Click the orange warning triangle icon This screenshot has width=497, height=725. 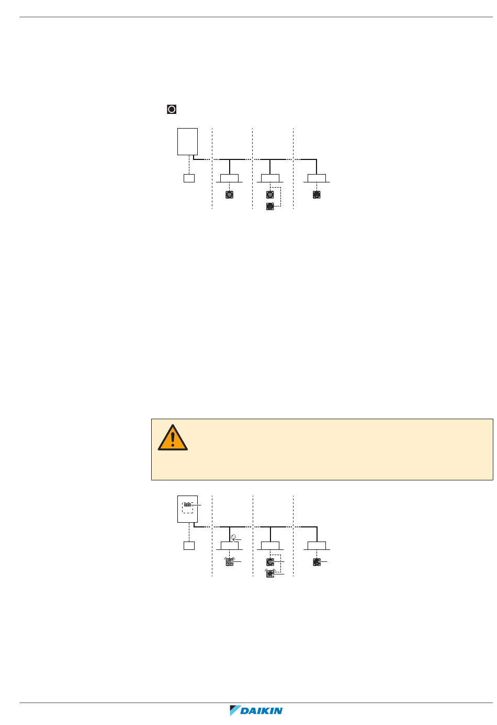(x=173, y=438)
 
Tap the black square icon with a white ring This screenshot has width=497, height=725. (x=172, y=109)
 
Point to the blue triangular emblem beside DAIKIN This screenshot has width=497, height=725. (x=235, y=711)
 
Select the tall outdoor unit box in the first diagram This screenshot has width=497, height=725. (x=188, y=141)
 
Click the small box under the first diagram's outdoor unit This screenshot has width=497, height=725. (x=189, y=178)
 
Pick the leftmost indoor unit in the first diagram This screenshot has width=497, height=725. (x=230, y=178)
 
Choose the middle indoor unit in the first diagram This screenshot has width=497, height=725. (x=270, y=178)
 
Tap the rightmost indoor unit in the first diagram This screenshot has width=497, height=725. (x=317, y=178)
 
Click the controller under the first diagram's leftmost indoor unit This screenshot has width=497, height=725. (x=229, y=194)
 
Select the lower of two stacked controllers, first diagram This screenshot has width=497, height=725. (x=270, y=206)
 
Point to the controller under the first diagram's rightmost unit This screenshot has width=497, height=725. (x=317, y=194)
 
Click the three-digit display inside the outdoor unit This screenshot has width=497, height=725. (x=187, y=505)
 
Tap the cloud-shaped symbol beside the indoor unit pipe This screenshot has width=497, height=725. (x=233, y=537)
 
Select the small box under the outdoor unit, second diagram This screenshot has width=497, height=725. (x=189, y=545)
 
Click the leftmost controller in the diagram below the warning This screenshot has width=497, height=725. (x=229, y=562)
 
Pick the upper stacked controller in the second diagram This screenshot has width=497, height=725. (x=270, y=562)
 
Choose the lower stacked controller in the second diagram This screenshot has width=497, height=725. (x=270, y=573)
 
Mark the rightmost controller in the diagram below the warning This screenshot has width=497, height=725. (x=317, y=562)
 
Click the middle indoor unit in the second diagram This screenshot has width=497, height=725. (x=270, y=546)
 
